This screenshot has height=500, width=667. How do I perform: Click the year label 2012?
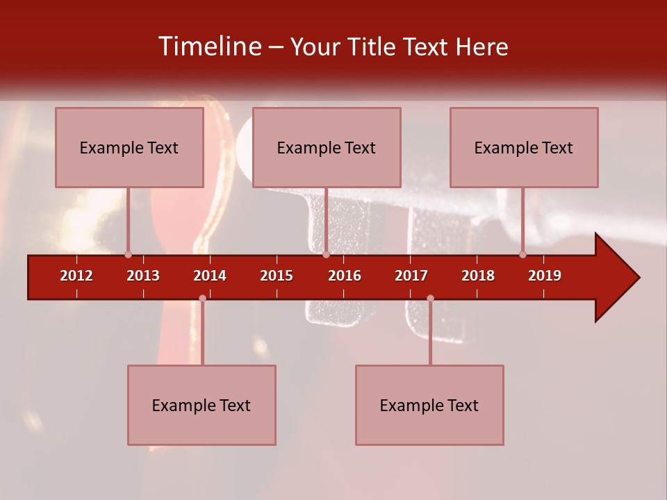point(76,276)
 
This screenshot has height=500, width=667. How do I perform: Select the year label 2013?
point(143,276)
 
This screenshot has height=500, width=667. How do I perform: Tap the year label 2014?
point(210,276)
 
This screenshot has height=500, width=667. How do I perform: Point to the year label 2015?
point(277,276)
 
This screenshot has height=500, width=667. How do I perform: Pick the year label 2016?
point(345,276)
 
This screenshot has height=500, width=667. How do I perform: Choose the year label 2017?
point(411,276)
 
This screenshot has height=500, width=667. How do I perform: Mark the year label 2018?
point(478,276)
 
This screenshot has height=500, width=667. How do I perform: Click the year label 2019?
point(545,276)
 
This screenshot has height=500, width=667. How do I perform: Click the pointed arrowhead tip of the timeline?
point(638,278)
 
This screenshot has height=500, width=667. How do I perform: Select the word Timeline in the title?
point(209,47)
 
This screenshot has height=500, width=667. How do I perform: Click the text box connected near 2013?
point(129,147)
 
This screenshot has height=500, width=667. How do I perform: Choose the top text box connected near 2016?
point(327,147)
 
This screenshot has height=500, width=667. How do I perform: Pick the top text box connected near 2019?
point(524,147)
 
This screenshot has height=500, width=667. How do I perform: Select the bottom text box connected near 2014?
point(201,405)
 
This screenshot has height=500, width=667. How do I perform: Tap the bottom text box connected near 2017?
point(429,405)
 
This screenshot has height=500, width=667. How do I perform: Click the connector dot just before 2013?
point(128,255)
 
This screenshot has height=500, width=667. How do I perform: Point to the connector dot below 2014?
point(202,299)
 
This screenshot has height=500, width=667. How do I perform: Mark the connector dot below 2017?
point(430,299)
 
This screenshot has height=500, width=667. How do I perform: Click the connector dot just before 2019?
point(522,255)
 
